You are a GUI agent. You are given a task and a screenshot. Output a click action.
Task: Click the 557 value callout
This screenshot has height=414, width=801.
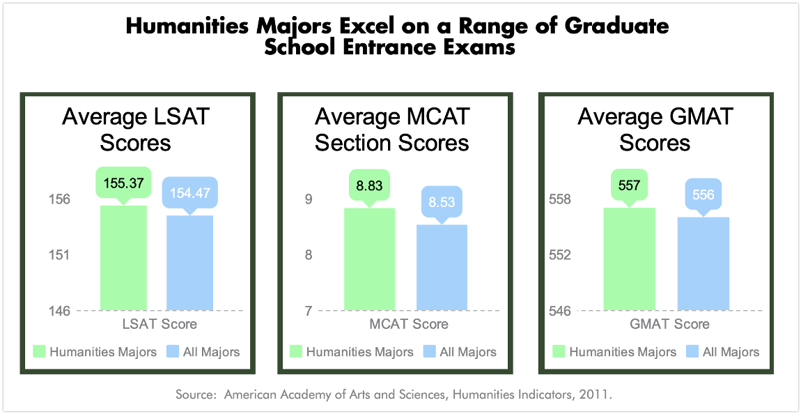(629, 185)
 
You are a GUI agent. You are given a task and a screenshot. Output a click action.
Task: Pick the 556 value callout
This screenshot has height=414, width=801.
(703, 195)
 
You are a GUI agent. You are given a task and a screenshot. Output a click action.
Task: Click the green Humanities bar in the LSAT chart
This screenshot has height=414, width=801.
(123, 258)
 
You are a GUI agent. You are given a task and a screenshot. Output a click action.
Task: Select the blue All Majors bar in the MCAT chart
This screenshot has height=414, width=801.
(442, 267)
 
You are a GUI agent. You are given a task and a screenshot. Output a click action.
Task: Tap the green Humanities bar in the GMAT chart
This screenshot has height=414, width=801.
(629, 259)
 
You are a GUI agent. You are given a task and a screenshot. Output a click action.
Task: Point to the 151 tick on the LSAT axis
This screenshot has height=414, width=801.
(59, 255)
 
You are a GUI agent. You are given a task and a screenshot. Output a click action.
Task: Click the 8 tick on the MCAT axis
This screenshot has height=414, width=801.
(308, 255)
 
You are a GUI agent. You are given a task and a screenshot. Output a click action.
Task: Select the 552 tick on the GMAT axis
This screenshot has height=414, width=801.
(559, 255)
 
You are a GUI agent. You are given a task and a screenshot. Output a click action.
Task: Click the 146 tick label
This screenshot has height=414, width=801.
(59, 311)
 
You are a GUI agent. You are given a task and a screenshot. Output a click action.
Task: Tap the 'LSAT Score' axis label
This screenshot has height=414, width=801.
(160, 324)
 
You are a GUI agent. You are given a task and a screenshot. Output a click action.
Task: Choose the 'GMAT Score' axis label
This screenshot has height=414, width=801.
(669, 324)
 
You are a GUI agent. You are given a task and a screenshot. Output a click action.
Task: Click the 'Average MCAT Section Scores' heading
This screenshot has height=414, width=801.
(392, 129)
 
